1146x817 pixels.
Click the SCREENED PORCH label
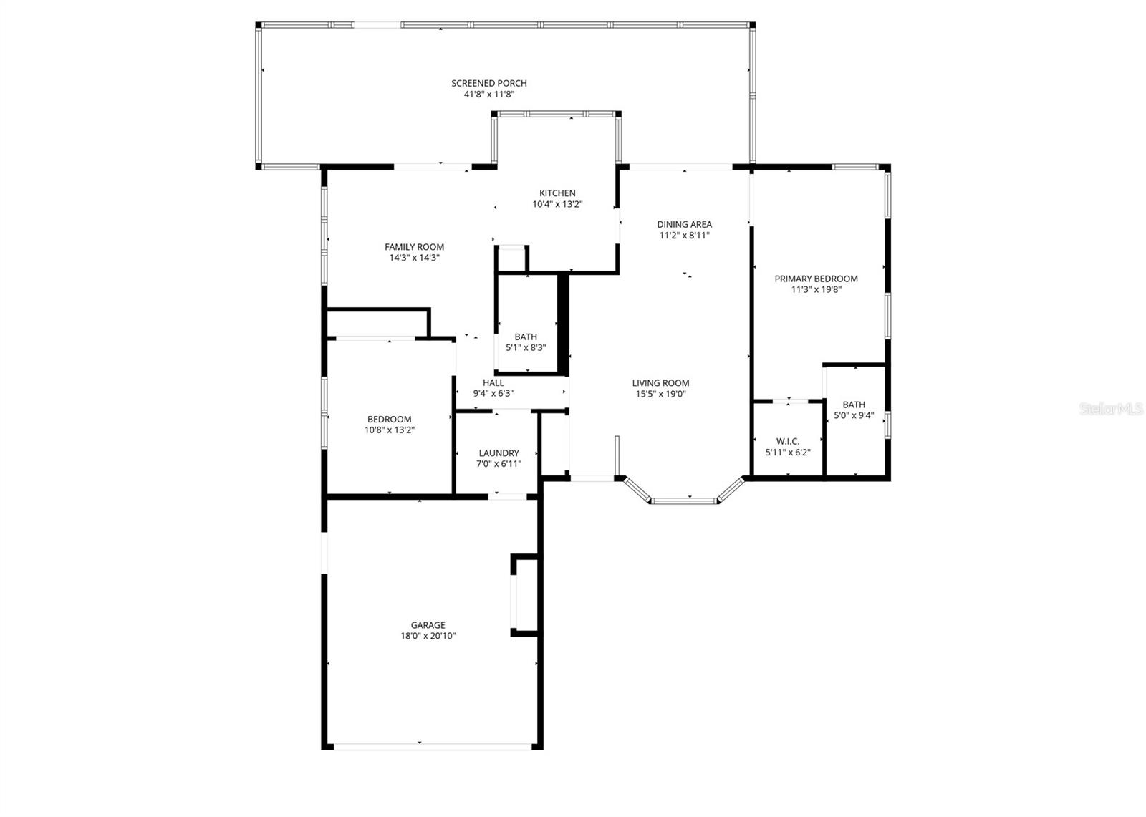[488, 83]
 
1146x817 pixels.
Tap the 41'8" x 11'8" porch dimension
[488, 94]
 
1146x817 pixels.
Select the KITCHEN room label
[557, 193]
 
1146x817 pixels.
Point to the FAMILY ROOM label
[414, 247]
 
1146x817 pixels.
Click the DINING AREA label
[684, 224]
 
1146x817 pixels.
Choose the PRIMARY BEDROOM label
[816, 279]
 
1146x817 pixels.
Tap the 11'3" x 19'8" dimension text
[816, 290]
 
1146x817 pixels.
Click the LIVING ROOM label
[660, 383]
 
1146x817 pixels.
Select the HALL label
[493, 382]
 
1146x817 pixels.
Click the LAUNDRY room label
[499, 453]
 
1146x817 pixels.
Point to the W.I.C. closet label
[787, 441]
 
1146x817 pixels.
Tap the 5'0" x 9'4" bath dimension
[854, 415]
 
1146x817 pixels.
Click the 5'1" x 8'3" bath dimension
[526, 348]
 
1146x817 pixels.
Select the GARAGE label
[428, 625]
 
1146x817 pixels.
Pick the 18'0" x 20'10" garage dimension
[428, 636]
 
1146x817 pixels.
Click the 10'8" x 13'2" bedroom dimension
[389, 430]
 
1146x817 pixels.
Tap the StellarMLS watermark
[1111, 409]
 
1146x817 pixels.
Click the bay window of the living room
[683, 500]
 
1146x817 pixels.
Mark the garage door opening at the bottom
[433, 747]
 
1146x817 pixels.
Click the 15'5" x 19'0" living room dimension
[660, 394]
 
